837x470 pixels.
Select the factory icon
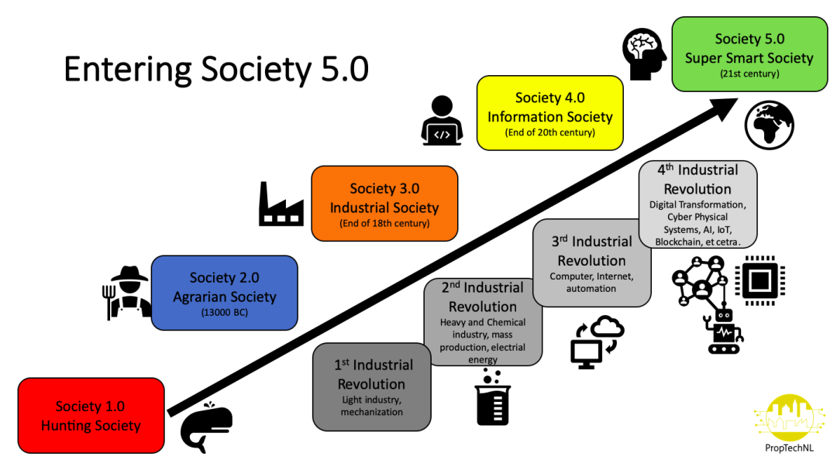click(x=281, y=204)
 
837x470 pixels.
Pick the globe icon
click(x=770, y=126)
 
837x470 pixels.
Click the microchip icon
click(x=759, y=280)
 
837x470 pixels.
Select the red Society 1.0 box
click(x=91, y=416)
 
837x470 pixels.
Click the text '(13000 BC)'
click(x=225, y=313)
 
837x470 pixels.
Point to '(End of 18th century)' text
click(x=384, y=224)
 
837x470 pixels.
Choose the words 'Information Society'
click(x=549, y=117)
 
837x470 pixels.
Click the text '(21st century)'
click(x=749, y=74)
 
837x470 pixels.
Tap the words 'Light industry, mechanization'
click(x=371, y=406)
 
